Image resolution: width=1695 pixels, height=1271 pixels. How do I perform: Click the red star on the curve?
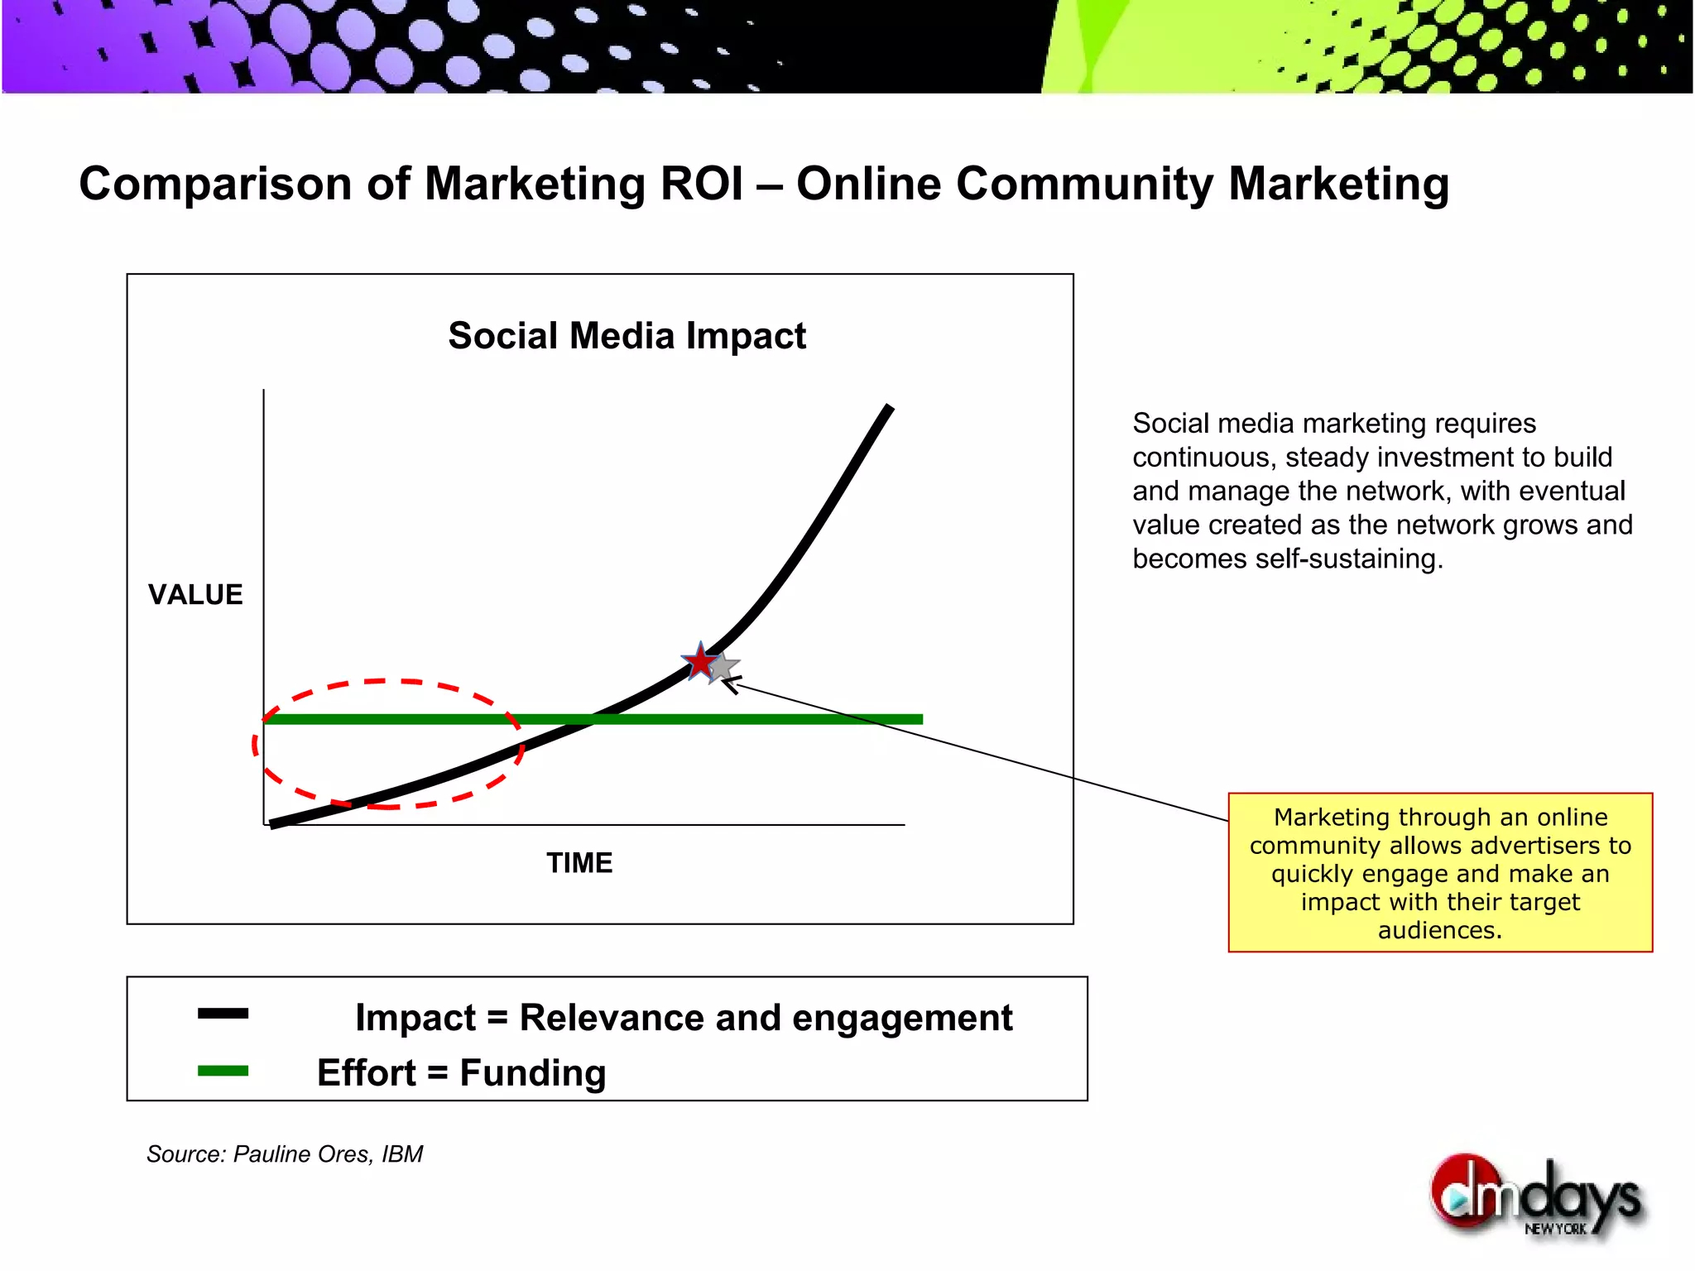(700, 662)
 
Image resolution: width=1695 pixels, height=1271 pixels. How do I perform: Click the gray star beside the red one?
(724, 667)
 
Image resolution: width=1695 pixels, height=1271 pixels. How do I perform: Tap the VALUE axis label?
(195, 595)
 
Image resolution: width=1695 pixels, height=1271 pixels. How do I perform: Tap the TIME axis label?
(579, 863)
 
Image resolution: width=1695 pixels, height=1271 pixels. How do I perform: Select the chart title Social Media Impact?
(627, 336)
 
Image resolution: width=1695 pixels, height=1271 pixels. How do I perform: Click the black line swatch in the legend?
(223, 1014)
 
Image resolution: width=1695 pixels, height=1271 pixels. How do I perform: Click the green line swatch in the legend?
(223, 1071)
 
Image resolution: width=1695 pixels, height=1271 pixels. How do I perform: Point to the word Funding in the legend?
(532, 1073)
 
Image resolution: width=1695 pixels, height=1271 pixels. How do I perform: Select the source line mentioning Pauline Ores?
(284, 1154)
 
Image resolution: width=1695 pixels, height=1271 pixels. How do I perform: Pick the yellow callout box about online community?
(1440, 872)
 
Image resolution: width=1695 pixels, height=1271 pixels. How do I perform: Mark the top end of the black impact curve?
(890, 407)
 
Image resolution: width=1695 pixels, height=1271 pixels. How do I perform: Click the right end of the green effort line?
(920, 719)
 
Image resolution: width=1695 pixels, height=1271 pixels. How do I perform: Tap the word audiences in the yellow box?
(1440, 931)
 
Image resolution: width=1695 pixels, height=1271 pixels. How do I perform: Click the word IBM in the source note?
(402, 1154)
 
